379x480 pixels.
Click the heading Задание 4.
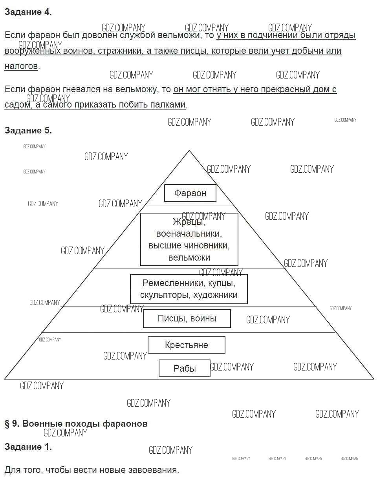click(28, 12)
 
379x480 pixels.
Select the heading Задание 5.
click(28, 131)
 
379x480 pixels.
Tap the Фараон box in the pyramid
click(190, 193)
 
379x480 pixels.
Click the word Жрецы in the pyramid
click(189, 222)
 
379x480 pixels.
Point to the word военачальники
click(189, 234)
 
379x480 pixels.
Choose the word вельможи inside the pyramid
click(189, 258)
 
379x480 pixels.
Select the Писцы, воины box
click(187, 318)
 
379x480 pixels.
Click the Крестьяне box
click(186, 345)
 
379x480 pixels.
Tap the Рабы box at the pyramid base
click(184, 369)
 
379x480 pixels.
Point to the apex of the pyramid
click(189, 151)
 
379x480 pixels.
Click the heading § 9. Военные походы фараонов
click(76, 424)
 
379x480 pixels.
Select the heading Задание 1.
click(28, 447)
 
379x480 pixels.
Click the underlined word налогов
click(21, 66)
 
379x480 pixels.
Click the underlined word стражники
click(115, 51)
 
